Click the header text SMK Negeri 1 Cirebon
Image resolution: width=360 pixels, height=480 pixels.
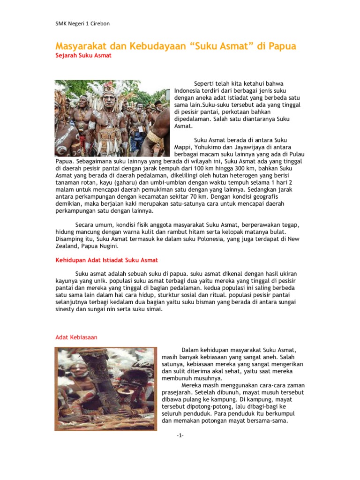tap(82, 24)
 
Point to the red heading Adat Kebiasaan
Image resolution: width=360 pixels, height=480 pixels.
tap(76, 337)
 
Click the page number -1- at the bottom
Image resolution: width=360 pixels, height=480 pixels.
tap(180, 436)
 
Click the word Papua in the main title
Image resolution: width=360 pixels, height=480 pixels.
tap(282, 46)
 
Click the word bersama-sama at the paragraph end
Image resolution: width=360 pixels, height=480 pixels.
tap(267, 421)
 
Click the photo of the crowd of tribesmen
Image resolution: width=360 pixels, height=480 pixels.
tap(112, 118)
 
